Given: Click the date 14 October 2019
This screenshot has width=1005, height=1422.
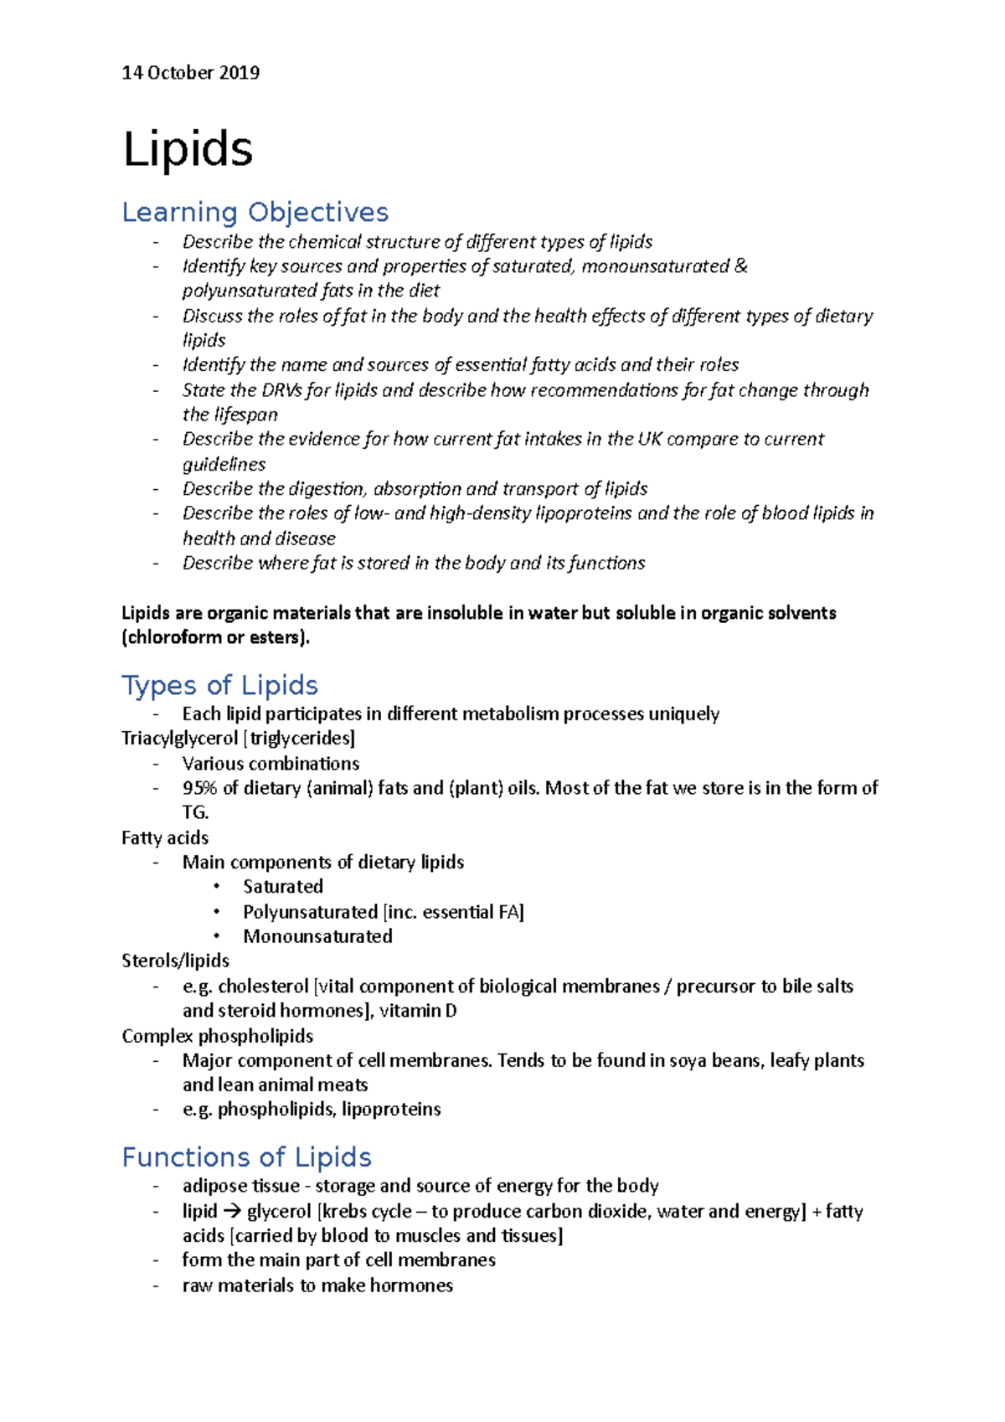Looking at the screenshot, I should (190, 73).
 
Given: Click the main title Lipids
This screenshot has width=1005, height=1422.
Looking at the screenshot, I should (188, 150).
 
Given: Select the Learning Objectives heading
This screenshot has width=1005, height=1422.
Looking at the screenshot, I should (255, 212).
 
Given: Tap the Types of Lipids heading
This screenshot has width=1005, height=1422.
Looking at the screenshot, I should (219, 685).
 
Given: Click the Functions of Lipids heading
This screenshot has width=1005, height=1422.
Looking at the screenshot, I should (246, 1157).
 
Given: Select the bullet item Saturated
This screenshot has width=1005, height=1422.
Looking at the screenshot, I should (283, 886).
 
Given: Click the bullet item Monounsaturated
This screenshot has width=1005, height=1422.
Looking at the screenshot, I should (317, 936).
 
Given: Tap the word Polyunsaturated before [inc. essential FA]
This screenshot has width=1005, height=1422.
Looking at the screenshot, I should (310, 911).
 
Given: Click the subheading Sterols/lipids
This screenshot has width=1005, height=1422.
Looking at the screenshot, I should (175, 961).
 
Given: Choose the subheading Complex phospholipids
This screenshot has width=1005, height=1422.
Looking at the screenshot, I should (218, 1036).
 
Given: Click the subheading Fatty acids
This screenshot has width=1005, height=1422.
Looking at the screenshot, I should (165, 837).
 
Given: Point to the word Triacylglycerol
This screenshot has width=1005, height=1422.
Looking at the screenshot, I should (179, 738).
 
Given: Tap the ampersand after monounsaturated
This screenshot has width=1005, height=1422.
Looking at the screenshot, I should (740, 266).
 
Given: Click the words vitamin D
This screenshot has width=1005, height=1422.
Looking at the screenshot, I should (418, 1011).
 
